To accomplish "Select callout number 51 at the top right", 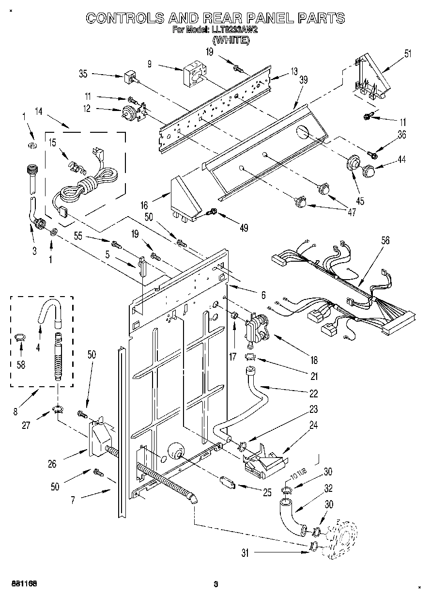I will [x=407, y=53].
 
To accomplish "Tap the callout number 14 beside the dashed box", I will [x=38, y=111].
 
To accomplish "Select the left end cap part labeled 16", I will [x=185, y=196].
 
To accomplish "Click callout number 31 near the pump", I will [x=245, y=553].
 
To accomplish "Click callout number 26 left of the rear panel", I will [x=52, y=464].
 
